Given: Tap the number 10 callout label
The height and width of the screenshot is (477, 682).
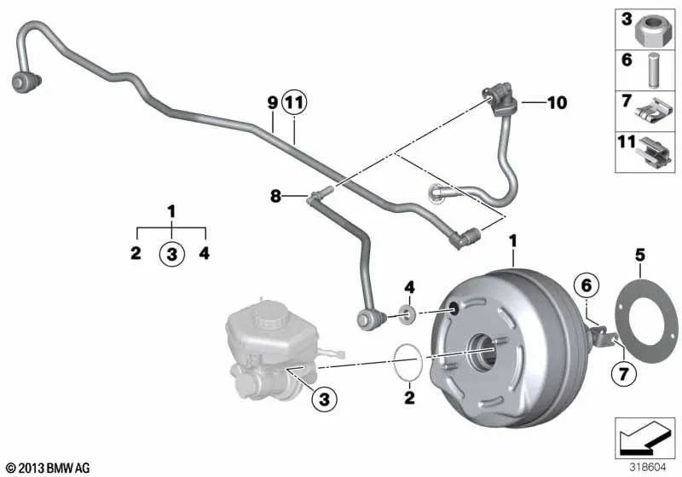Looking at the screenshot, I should click(x=557, y=104).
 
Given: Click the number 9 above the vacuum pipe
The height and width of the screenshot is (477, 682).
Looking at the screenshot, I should click(x=272, y=103).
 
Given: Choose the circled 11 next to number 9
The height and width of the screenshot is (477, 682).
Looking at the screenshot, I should click(x=294, y=103).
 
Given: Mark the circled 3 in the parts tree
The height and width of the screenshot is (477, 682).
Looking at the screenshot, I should click(x=171, y=253).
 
